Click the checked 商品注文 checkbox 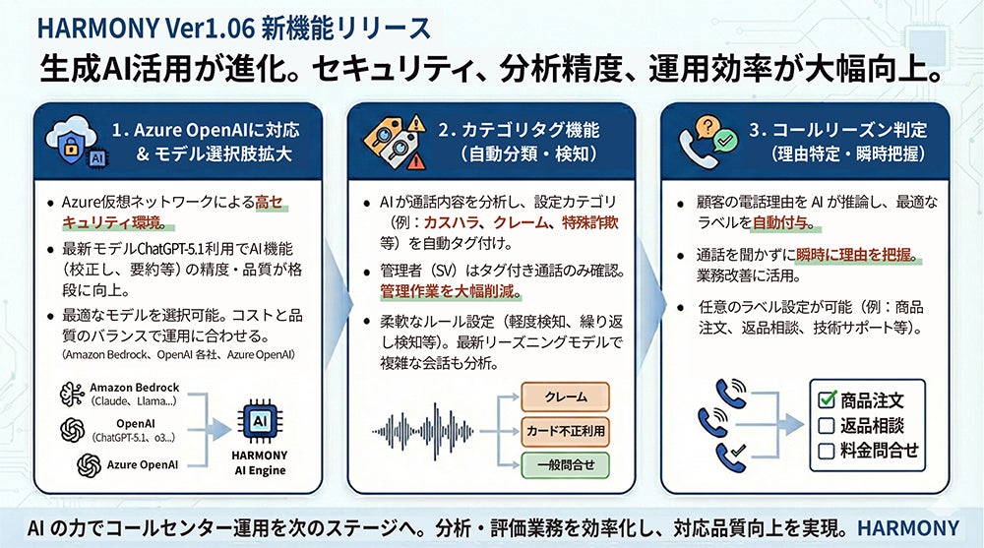tap(828, 400)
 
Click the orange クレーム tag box tap(566, 397)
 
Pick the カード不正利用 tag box tap(566, 431)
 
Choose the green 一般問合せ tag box tap(566, 463)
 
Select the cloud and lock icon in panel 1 tap(75, 141)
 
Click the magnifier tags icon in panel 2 tap(392, 140)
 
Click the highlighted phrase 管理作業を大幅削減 tap(451, 292)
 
